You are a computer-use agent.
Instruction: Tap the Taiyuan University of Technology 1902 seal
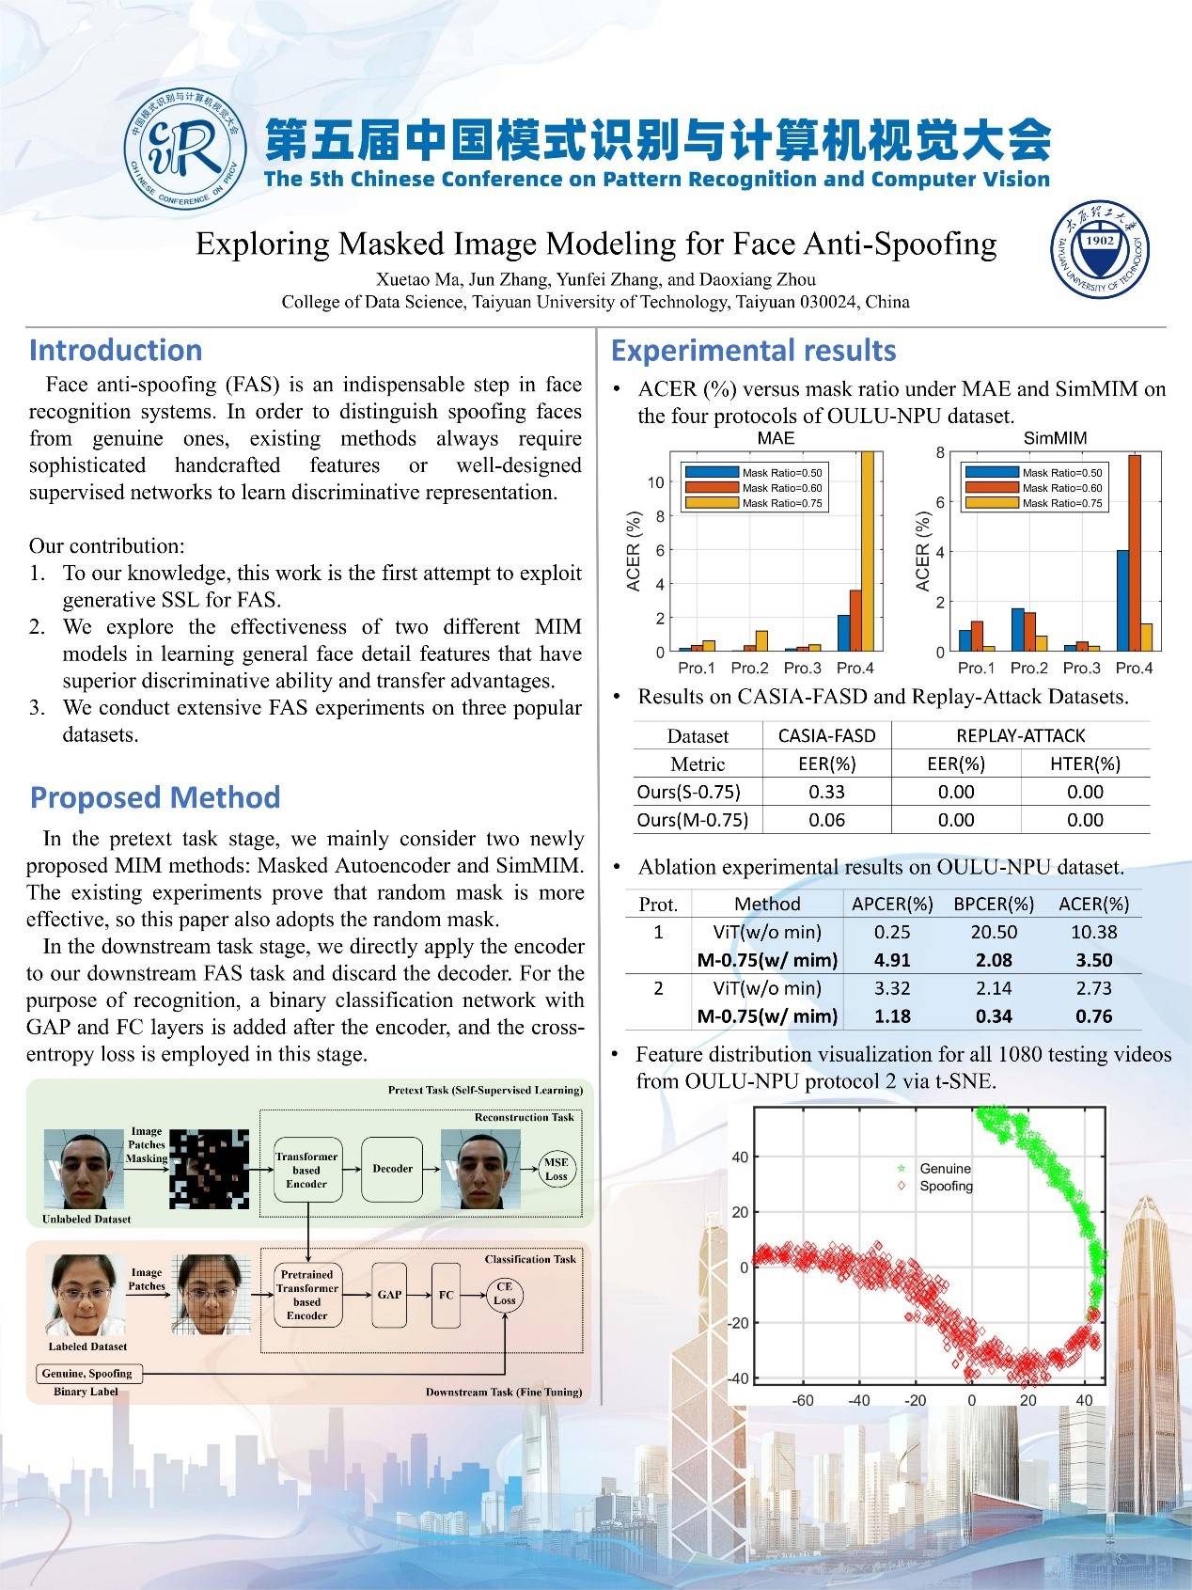pos(1099,249)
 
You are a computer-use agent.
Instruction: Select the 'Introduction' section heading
pos(116,350)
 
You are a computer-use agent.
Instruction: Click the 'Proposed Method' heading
pos(155,797)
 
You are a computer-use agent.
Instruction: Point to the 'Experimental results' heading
pos(753,351)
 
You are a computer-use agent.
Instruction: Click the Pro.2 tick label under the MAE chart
pos(749,668)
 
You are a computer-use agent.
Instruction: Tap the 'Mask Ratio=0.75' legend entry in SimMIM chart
pos(1061,503)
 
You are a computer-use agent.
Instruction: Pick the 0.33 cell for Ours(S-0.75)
pos(826,792)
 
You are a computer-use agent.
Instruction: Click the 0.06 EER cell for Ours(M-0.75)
pos(826,820)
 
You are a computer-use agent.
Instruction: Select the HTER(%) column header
pos(1085,764)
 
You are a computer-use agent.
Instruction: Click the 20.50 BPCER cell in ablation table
pos(994,932)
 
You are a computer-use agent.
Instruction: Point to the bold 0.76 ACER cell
pos(1093,1016)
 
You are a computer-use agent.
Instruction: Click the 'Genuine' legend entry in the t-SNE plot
pos(944,1168)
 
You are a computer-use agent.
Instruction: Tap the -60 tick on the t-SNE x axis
pos(802,1400)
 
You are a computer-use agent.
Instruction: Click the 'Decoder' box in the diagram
pos(392,1169)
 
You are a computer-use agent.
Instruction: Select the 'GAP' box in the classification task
pos(389,1295)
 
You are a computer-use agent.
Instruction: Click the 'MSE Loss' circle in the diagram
pos(556,1169)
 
